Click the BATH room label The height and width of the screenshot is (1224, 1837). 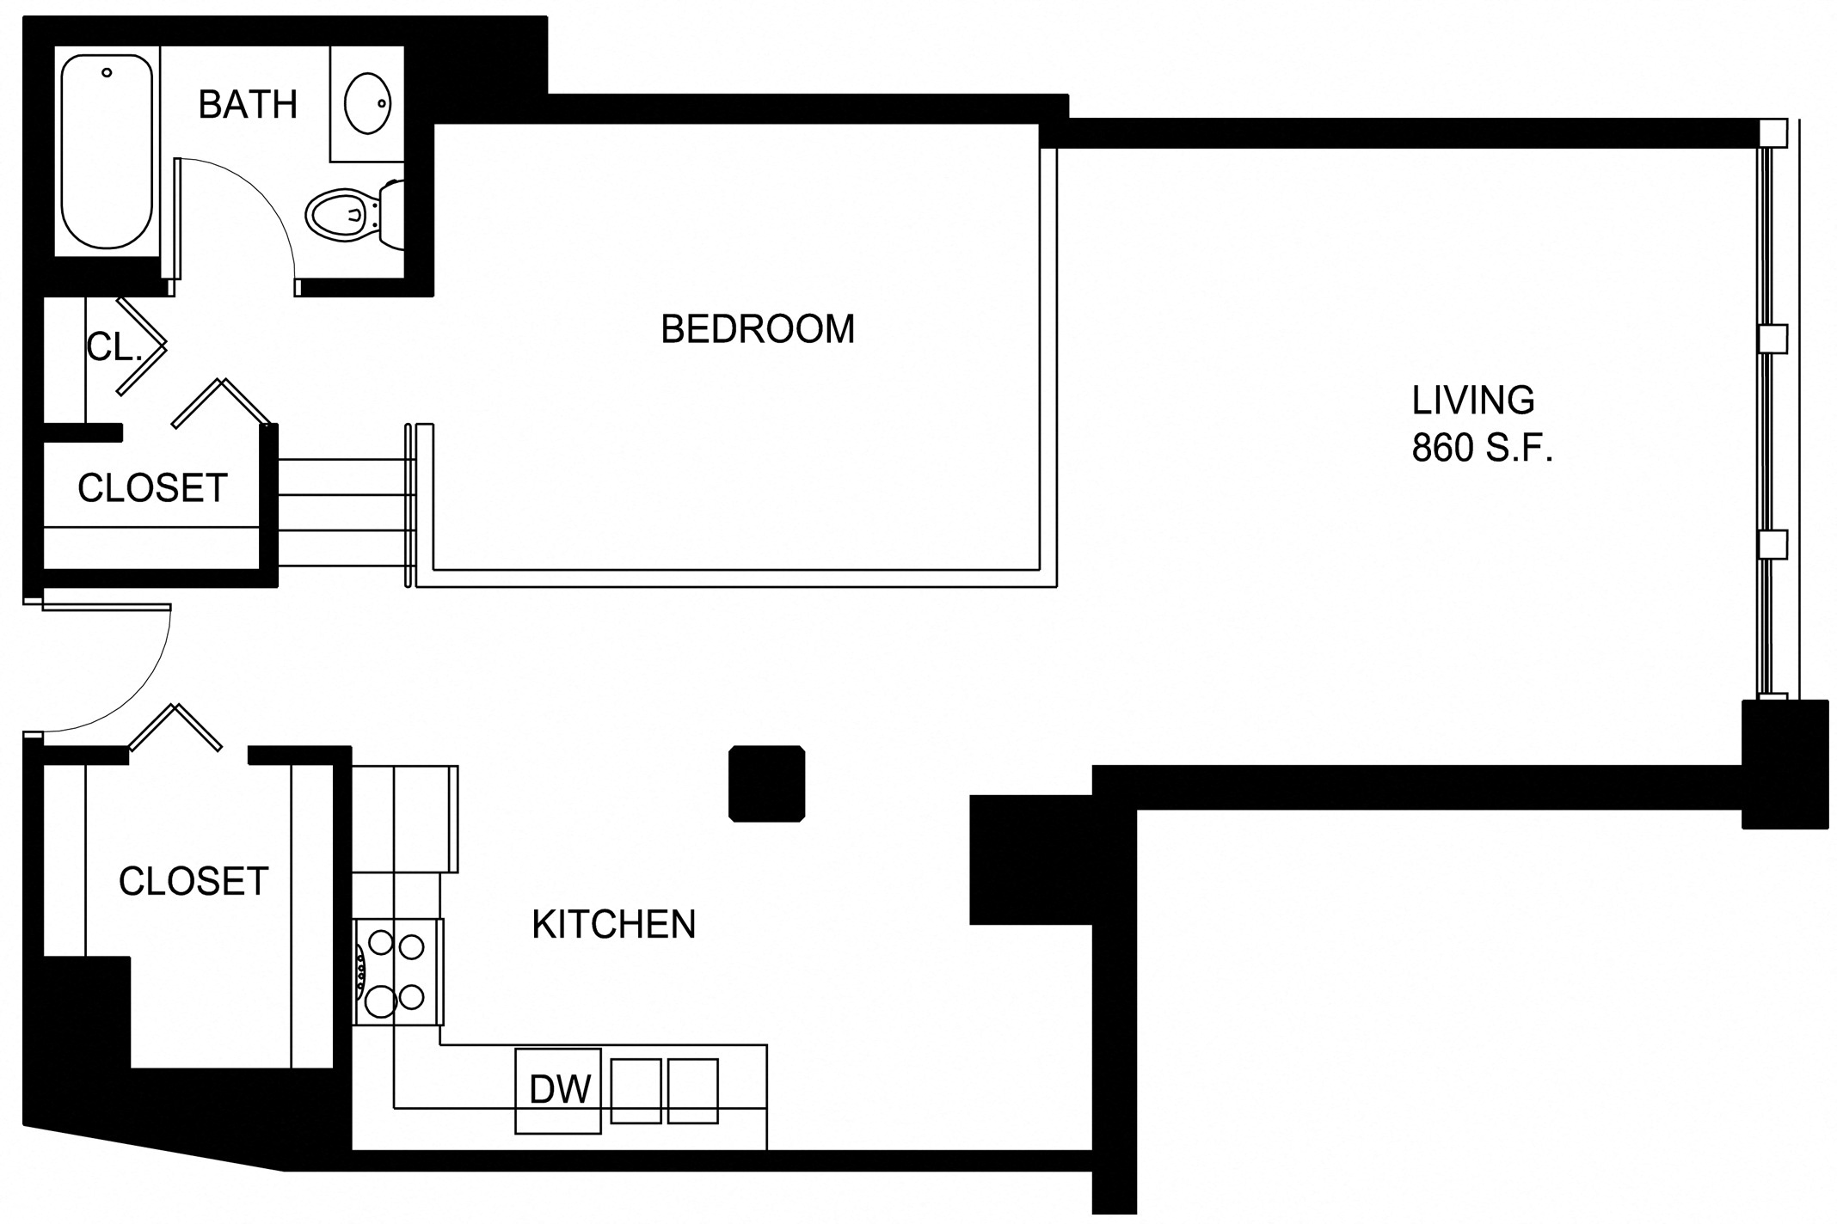[x=248, y=105]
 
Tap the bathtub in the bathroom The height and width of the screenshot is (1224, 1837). [x=107, y=151]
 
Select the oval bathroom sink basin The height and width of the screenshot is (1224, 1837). [x=367, y=103]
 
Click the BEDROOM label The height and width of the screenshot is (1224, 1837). [x=757, y=329]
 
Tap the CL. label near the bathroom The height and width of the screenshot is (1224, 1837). [x=113, y=347]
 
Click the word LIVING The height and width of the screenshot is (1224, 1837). [x=1472, y=401]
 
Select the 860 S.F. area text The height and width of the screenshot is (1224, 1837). [x=1482, y=449]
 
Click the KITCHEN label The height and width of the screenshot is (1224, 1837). [x=613, y=925]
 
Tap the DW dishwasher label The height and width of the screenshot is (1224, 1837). [x=559, y=1090]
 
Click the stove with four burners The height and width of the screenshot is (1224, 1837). [x=398, y=971]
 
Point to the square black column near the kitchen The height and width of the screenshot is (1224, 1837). [x=766, y=783]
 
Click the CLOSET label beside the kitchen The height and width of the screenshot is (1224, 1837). [x=194, y=882]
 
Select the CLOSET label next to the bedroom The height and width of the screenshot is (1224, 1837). [x=152, y=488]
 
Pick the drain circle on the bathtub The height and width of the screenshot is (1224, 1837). [x=107, y=73]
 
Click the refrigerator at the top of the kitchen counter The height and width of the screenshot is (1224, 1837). [x=404, y=818]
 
